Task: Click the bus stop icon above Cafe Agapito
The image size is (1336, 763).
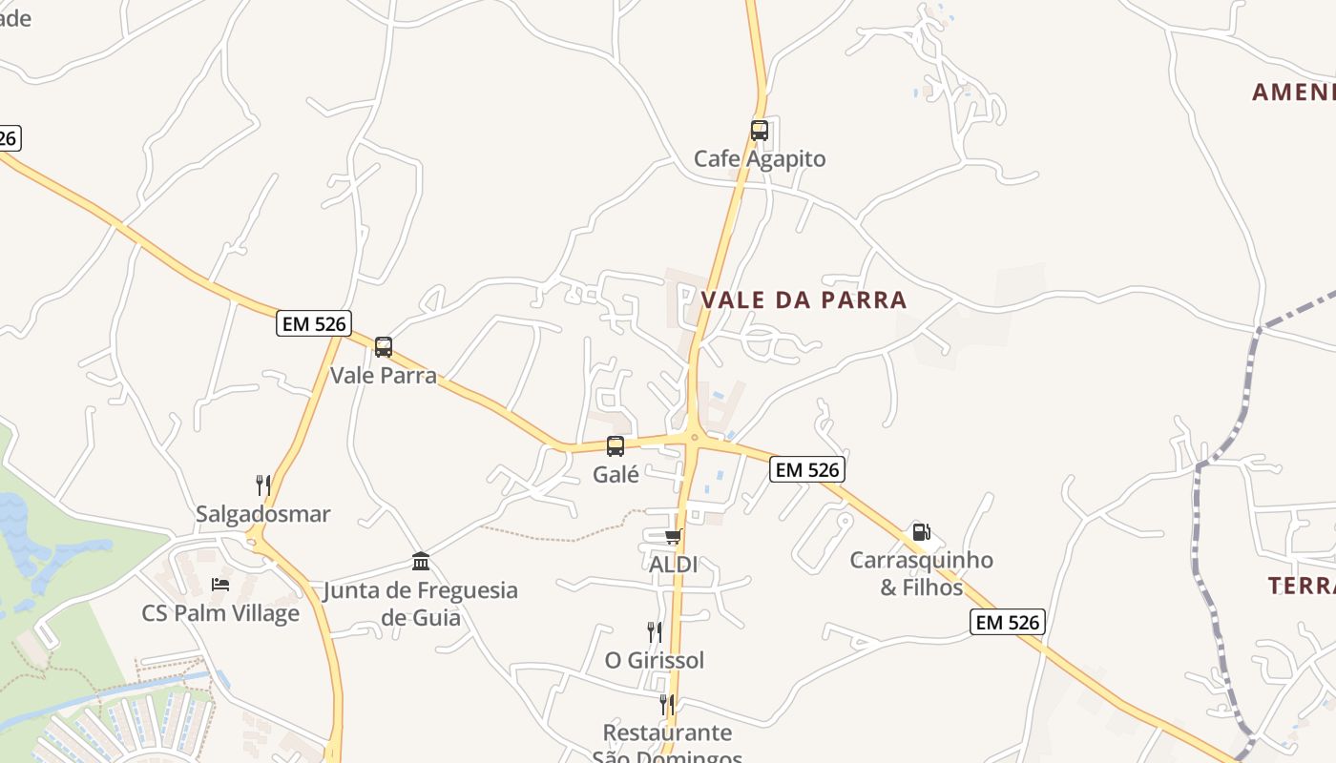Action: [x=759, y=131]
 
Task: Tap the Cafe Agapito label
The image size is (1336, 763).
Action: [x=760, y=158]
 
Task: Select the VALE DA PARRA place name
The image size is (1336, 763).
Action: [x=804, y=299]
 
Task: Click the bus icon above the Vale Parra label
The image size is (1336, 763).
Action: [x=384, y=347]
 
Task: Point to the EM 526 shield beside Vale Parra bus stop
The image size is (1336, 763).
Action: [x=314, y=323]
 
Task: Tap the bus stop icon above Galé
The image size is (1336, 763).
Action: [x=616, y=445]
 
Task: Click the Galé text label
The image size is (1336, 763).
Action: [x=616, y=473]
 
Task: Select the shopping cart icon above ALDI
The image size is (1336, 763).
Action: [x=673, y=537]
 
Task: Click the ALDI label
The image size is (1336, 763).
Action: [x=673, y=565]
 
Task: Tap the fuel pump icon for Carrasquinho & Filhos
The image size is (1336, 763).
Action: [x=921, y=532]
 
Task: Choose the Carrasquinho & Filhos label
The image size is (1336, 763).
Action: [x=922, y=573]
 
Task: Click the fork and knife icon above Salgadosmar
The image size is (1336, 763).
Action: [x=263, y=485]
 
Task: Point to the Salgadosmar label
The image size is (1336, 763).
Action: [x=263, y=514]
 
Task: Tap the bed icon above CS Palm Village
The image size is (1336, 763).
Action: [x=220, y=585]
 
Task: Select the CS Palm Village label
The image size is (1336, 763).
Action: [x=220, y=613]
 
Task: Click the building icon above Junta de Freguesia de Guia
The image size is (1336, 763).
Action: [x=421, y=561]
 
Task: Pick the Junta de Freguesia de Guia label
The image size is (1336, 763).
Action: [x=421, y=604]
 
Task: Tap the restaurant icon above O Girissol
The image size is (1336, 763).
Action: [x=655, y=631]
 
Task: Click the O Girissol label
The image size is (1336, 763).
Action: [x=655, y=660]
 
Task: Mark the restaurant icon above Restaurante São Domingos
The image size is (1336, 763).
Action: [x=667, y=705]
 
